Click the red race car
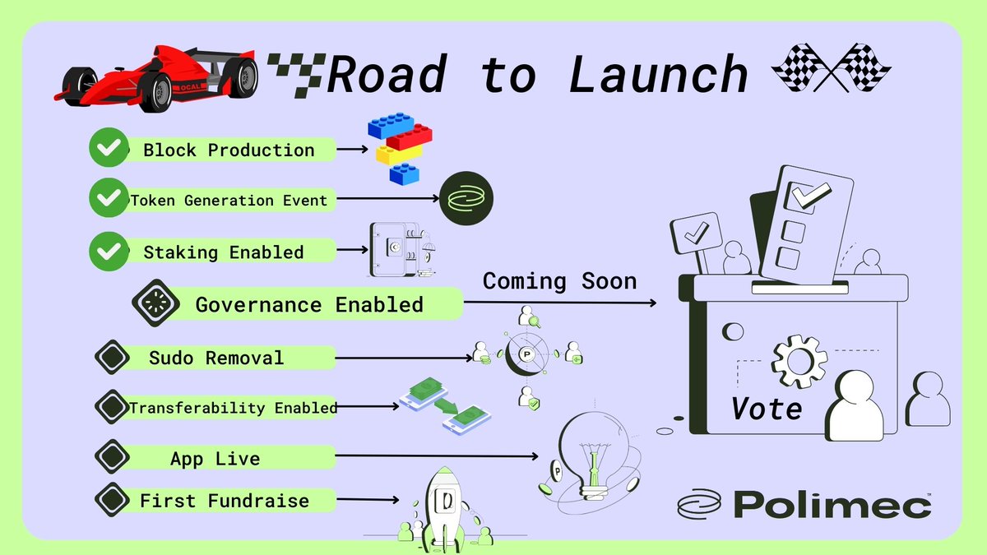point(156,76)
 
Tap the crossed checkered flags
point(831,69)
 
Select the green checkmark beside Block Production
point(106,150)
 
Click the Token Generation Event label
point(229,200)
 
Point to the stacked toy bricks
point(399,148)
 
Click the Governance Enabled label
point(309,304)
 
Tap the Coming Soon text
point(559,281)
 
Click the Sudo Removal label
point(216,358)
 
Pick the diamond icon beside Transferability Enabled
point(112,406)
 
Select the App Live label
point(215,458)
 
